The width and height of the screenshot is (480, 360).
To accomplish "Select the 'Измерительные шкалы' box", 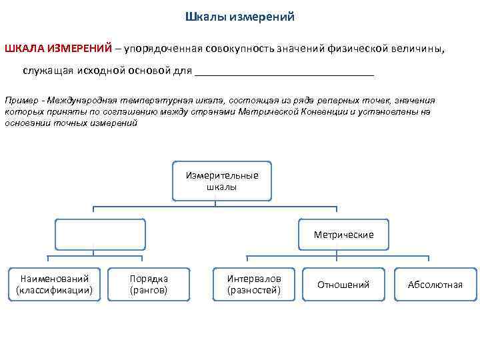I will point(222,181).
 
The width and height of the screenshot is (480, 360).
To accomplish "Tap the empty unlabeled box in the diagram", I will point(99,235).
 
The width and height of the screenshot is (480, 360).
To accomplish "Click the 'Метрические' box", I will point(343,235).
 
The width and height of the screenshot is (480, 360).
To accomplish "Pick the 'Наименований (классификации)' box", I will point(54,284).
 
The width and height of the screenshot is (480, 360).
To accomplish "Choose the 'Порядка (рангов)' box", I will point(149,284).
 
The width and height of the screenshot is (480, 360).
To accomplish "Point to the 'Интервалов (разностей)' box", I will point(254,284).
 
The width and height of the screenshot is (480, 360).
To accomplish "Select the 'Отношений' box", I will point(343,285).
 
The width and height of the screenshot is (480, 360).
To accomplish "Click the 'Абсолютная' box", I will point(435,285).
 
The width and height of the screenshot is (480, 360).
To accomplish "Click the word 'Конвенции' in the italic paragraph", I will point(320,111).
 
